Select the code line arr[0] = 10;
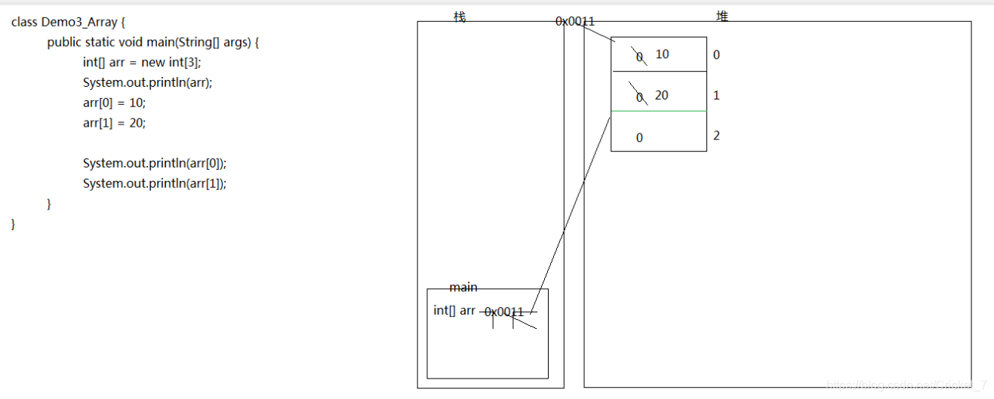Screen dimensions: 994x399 pyautogui.click(x=114, y=103)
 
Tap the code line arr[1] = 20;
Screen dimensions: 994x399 pyautogui.click(x=114, y=123)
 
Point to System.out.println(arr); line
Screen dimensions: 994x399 pyautogui.click(x=148, y=83)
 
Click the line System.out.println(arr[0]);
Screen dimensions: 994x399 pyautogui.click(x=155, y=164)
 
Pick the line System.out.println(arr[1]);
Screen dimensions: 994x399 pyautogui.click(x=155, y=183)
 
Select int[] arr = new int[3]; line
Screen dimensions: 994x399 pyautogui.click(x=142, y=63)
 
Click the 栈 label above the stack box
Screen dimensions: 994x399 pyautogui.click(x=460, y=17)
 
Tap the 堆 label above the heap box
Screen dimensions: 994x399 pyautogui.click(x=722, y=16)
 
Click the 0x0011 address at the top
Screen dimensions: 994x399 pyautogui.click(x=575, y=22)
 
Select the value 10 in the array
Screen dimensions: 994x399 pyautogui.click(x=662, y=54)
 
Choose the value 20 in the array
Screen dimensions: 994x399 pyautogui.click(x=662, y=96)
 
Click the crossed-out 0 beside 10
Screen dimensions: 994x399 pyautogui.click(x=639, y=57)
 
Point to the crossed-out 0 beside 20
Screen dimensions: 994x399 pyautogui.click(x=639, y=97)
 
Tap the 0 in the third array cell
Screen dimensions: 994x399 pyautogui.click(x=639, y=138)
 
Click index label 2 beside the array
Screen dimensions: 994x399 pyautogui.click(x=716, y=136)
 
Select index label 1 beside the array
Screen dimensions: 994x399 pyautogui.click(x=716, y=96)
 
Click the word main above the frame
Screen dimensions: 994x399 pyautogui.click(x=463, y=287)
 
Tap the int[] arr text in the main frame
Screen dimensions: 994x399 pyautogui.click(x=454, y=310)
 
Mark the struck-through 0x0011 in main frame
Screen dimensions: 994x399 pyautogui.click(x=504, y=312)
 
